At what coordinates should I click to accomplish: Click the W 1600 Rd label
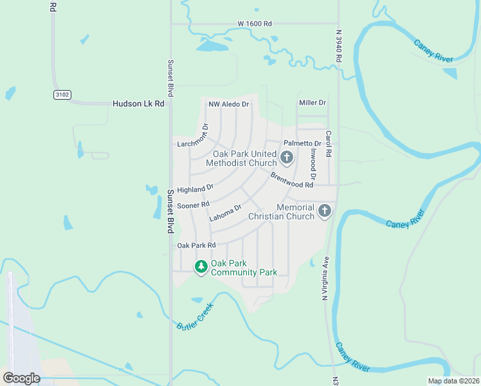click(255, 24)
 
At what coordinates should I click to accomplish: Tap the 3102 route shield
click(62, 95)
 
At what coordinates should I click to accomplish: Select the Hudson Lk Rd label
click(138, 104)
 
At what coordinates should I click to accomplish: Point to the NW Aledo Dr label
click(228, 104)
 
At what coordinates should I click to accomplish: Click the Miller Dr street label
click(313, 103)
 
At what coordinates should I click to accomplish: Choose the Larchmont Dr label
click(193, 137)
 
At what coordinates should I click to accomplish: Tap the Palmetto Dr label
click(302, 143)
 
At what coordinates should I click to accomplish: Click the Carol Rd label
click(328, 145)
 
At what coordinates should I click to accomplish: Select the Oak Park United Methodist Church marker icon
click(286, 157)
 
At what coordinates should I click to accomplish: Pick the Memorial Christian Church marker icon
click(325, 210)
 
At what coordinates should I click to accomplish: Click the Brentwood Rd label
click(291, 180)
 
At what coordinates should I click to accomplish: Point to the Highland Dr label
click(195, 189)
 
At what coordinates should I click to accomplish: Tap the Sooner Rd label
click(194, 205)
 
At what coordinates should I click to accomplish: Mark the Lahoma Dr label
click(225, 213)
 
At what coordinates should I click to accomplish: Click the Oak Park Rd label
click(196, 245)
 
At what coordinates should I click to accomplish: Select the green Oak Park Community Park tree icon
click(201, 266)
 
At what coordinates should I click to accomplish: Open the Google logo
click(21, 378)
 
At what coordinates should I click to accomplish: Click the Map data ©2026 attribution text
click(453, 381)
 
